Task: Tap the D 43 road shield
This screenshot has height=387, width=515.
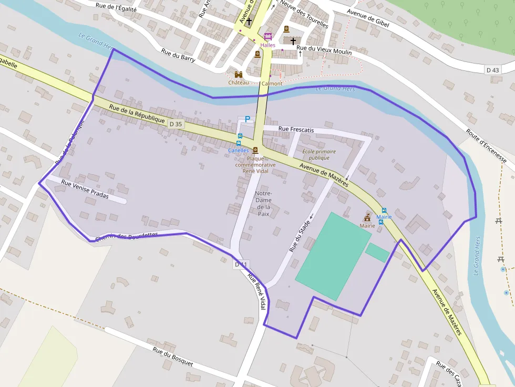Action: pos(492,70)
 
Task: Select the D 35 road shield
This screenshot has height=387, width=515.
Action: pos(176,124)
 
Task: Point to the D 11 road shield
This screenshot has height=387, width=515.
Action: pos(241,265)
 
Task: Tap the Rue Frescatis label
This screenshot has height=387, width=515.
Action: pos(296,129)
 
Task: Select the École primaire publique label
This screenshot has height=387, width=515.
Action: pos(319,154)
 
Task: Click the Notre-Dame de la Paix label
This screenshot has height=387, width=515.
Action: pos(263,203)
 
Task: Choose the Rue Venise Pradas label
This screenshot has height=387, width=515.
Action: pos(85,189)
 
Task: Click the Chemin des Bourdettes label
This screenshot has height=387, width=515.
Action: pos(126,236)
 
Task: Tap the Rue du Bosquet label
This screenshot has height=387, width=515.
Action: pos(173,357)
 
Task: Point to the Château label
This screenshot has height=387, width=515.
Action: pos(239,82)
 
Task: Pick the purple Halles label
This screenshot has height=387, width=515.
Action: pos(267,45)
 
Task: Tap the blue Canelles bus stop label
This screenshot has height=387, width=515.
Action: pos(238,150)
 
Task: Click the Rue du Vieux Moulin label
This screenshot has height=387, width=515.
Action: pos(324,51)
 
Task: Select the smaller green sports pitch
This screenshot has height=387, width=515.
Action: pos(377,252)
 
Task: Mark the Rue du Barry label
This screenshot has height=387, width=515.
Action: pos(178,56)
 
